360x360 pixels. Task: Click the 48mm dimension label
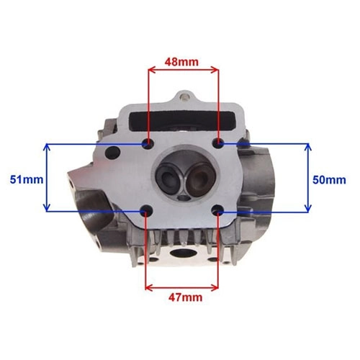[x=181, y=62]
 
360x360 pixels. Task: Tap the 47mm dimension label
[x=185, y=297]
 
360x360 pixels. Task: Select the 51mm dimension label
[x=27, y=179]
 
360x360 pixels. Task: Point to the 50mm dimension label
[x=329, y=180]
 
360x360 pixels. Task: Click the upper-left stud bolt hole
[x=148, y=144]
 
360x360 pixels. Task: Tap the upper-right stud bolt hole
[x=218, y=144]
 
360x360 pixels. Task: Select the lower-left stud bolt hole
[x=146, y=211]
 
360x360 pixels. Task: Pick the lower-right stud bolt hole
[x=218, y=210]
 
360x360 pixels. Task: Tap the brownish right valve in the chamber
[x=199, y=178]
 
